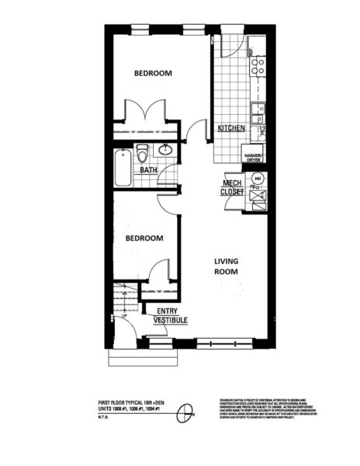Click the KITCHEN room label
[x=231, y=128]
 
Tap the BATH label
[x=149, y=169]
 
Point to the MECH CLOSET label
[x=234, y=186]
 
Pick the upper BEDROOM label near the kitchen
[x=153, y=73]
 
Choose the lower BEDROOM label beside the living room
[x=144, y=238]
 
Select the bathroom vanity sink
[x=165, y=150]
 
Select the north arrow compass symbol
[x=185, y=414]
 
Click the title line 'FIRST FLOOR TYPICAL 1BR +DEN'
[x=124, y=402]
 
